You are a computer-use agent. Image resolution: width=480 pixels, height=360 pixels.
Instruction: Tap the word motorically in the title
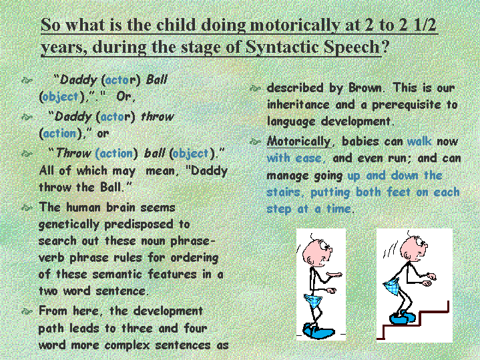[x=294, y=25]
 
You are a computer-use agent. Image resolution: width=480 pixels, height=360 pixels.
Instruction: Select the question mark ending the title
[x=385, y=46]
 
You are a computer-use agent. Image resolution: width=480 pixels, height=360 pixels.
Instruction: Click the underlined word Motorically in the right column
[x=298, y=142]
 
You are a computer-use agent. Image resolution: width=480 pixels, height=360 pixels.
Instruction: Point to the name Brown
[x=365, y=88]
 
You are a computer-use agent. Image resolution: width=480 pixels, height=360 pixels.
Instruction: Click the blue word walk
[x=419, y=141]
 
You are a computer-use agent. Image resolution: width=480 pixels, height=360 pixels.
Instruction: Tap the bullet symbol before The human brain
[x=27, y=208]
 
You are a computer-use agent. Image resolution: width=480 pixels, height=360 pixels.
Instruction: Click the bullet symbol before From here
[x=27, y=312]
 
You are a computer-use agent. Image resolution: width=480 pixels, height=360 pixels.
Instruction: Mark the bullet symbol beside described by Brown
[x=255, y=89]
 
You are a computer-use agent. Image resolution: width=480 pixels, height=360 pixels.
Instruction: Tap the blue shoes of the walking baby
[x=318, y=331]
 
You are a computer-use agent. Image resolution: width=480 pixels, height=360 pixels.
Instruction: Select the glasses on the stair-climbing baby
[x=421, y=243]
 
